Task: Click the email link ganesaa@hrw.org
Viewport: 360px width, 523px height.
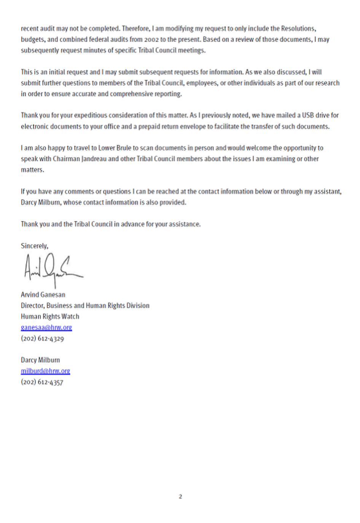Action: point(46,327)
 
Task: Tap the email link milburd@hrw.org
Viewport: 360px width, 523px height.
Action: point(45,371)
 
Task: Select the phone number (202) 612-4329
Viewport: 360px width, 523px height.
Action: point(42,339)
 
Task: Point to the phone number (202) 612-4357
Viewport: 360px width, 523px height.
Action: point(42,382)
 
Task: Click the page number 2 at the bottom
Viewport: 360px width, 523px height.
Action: point(180,496)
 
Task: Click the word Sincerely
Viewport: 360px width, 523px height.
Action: point(34,246)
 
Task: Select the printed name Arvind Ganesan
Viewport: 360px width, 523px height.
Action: point(43,295)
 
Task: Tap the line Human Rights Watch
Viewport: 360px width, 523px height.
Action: point(50,316)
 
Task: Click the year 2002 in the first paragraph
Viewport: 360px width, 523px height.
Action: point(151,40)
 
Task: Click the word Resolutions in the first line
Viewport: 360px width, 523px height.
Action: point(298,29)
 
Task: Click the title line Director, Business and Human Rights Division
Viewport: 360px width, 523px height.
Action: point(85,305)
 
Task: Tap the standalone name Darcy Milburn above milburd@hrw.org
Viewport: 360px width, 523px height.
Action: point(40,360)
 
